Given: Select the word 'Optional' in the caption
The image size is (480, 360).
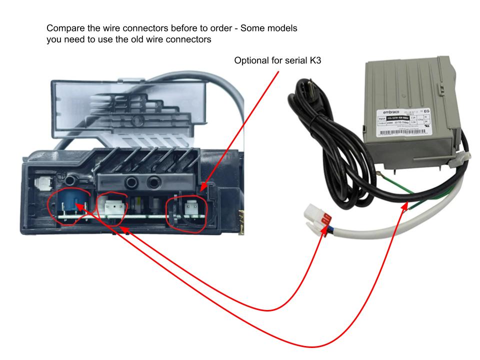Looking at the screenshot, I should tap(253, 60).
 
